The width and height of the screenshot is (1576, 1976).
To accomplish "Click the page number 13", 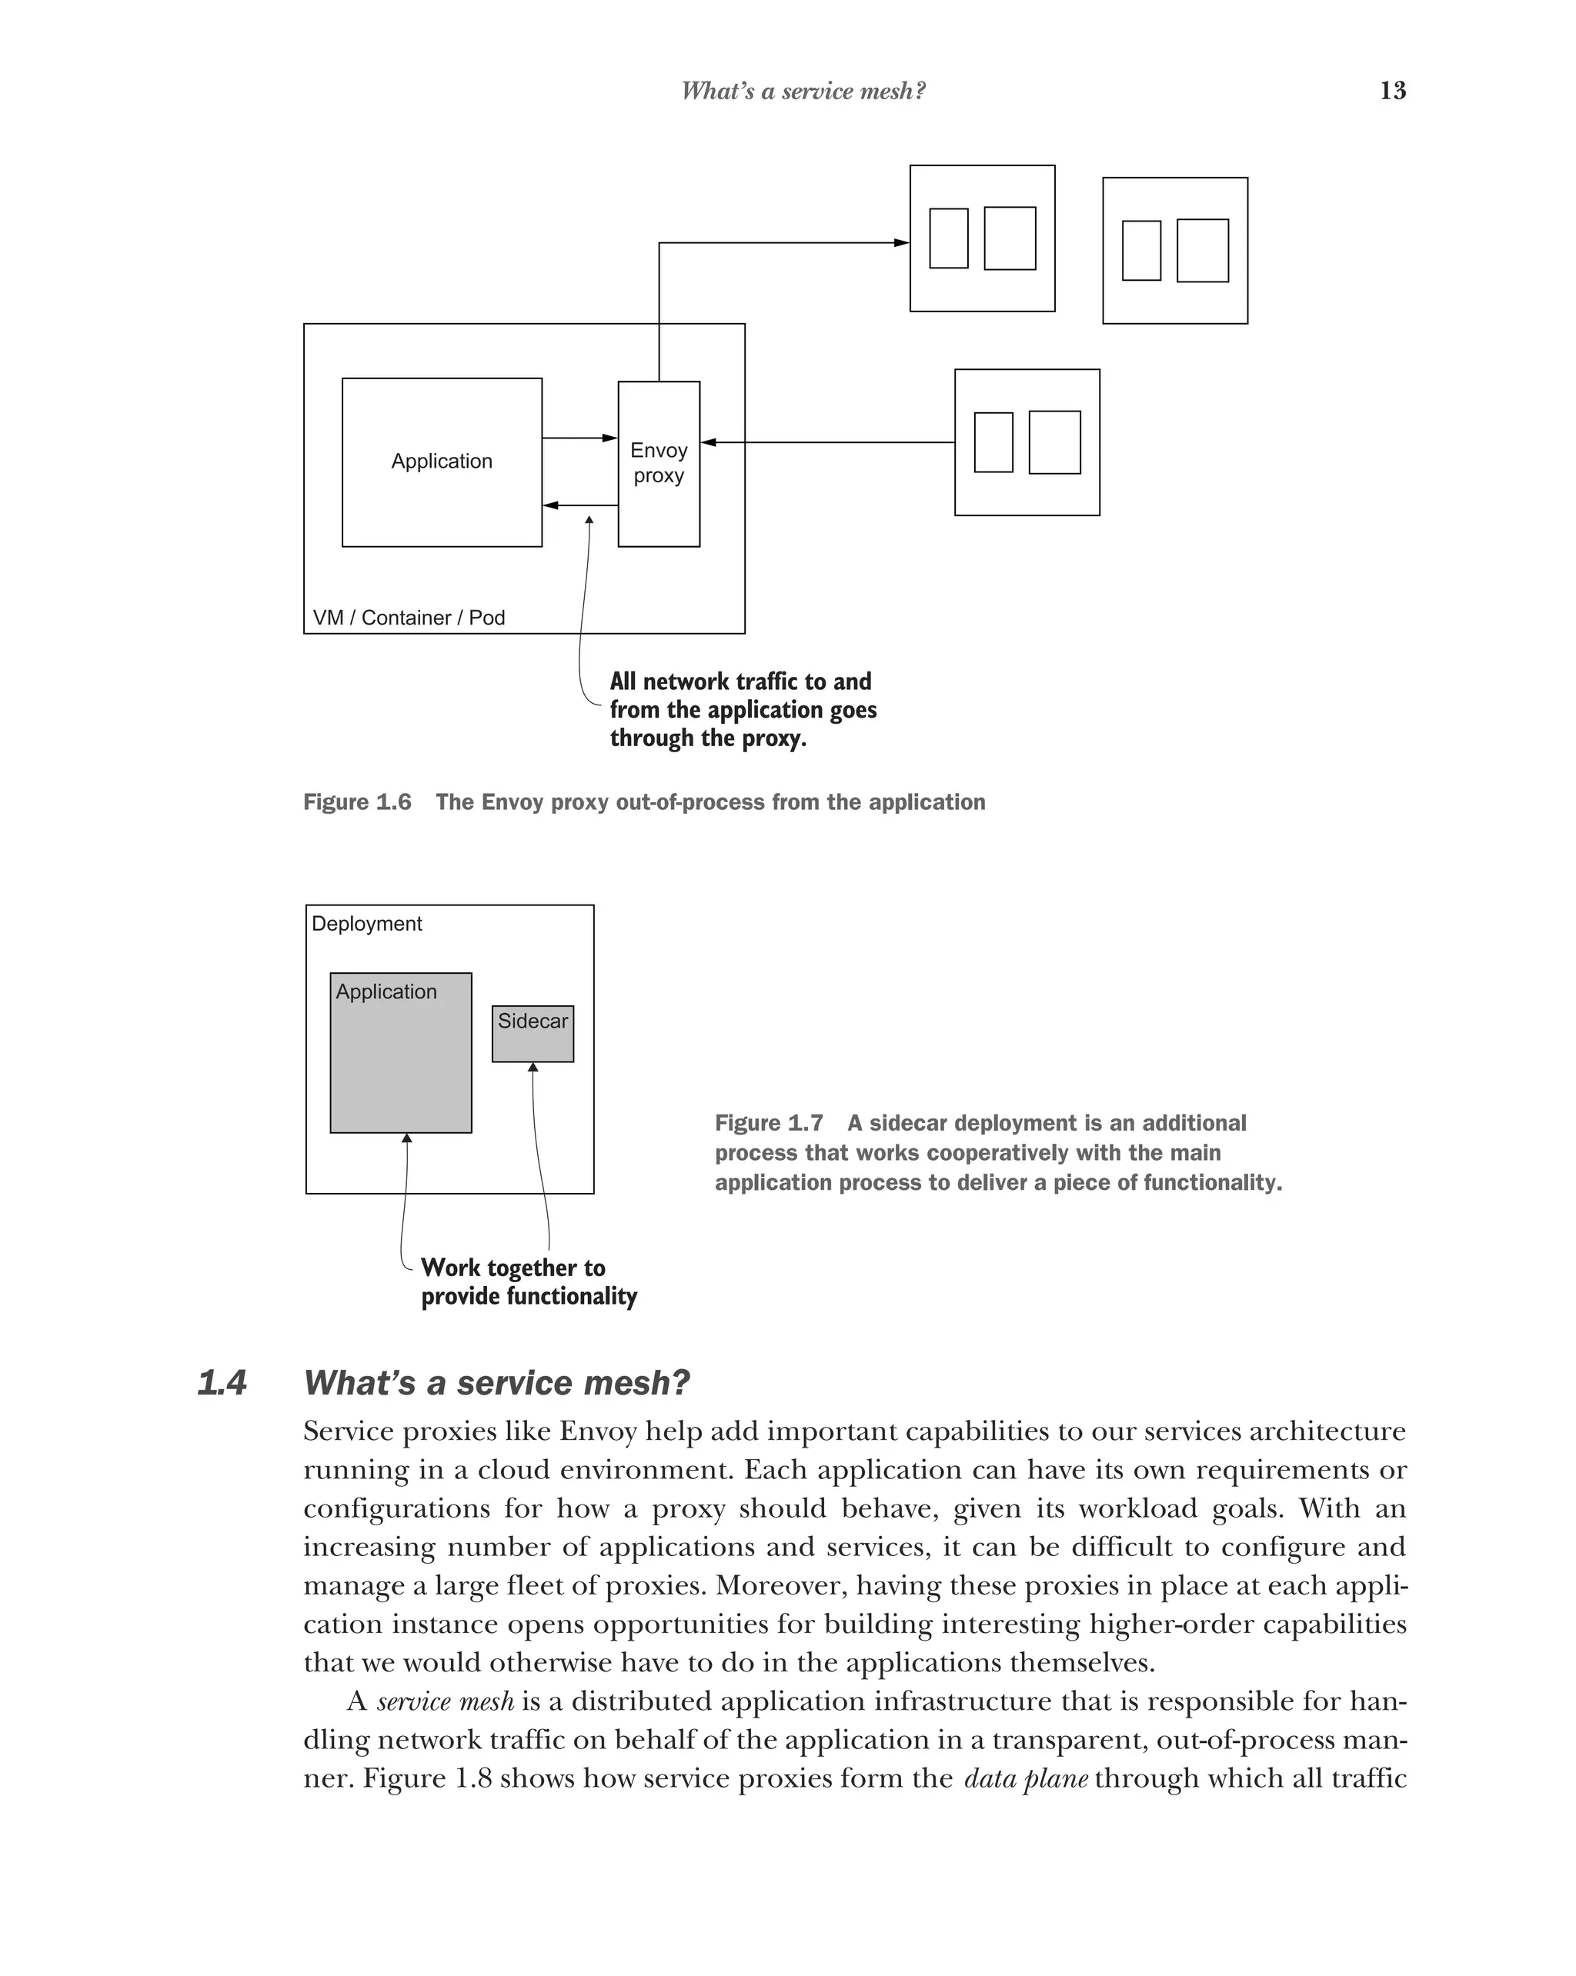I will (1392, 90).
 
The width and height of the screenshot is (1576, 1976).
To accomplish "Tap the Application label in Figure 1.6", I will (441, 461).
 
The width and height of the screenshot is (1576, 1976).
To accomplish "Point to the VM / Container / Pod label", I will (409, 617).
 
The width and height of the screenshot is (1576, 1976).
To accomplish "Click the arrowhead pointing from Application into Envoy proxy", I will (609, 438).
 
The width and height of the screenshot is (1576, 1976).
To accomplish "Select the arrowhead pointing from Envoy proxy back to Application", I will (551, 505).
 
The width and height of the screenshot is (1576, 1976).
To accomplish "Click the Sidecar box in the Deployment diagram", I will (533, 1033).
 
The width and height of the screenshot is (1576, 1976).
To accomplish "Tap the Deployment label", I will (367, 923).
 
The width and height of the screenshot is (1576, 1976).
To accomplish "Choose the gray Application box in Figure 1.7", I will (401, 1063).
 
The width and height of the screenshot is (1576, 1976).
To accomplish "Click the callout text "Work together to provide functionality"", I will (528, 1281).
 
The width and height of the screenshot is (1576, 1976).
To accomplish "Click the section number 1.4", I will (222, 1382).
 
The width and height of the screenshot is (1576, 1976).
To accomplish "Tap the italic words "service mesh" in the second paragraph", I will (446, 1701).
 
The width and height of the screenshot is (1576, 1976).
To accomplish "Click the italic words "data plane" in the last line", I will (1025, 1778).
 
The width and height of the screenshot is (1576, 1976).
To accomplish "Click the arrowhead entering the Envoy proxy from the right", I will (709, 443).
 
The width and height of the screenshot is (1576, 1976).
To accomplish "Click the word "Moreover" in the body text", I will (781, 1585).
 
